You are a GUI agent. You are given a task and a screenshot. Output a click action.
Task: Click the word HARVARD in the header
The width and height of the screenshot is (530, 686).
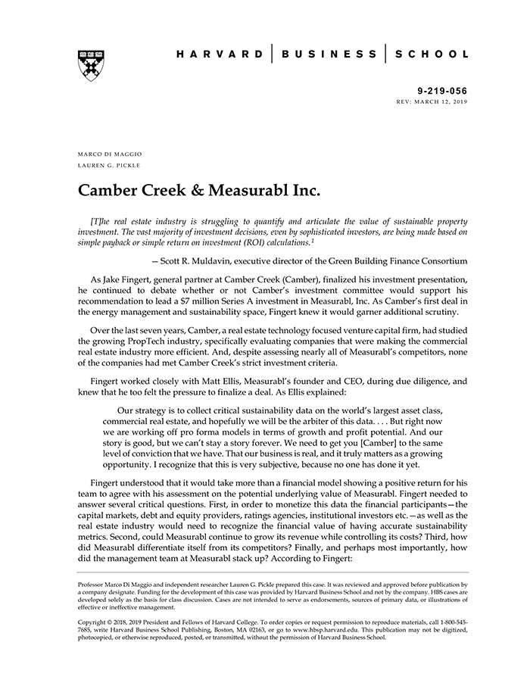[x=220, y=54]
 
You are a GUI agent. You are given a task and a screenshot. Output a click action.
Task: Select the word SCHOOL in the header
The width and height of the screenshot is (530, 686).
[x=433, y=54]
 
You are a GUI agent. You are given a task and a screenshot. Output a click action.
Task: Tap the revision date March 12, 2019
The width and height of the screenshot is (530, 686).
[x=440, y=101]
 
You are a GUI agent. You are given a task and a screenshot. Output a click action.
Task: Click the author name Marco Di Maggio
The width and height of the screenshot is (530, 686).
[x=110, y=154]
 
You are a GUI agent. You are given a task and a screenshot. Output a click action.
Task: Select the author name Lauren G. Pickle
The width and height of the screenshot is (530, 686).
[x=110, y=165]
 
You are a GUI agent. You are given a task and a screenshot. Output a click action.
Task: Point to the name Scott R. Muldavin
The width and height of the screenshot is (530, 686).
[x=201, y=261]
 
